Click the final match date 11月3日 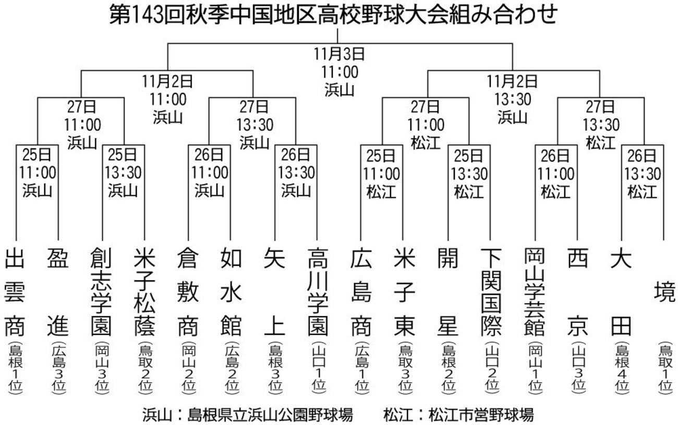(x=338, y=54)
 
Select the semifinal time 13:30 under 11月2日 (x=512, y=99)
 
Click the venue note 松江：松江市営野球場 (x=458, y=415)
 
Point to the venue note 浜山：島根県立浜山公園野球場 (x=248, y=415)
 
